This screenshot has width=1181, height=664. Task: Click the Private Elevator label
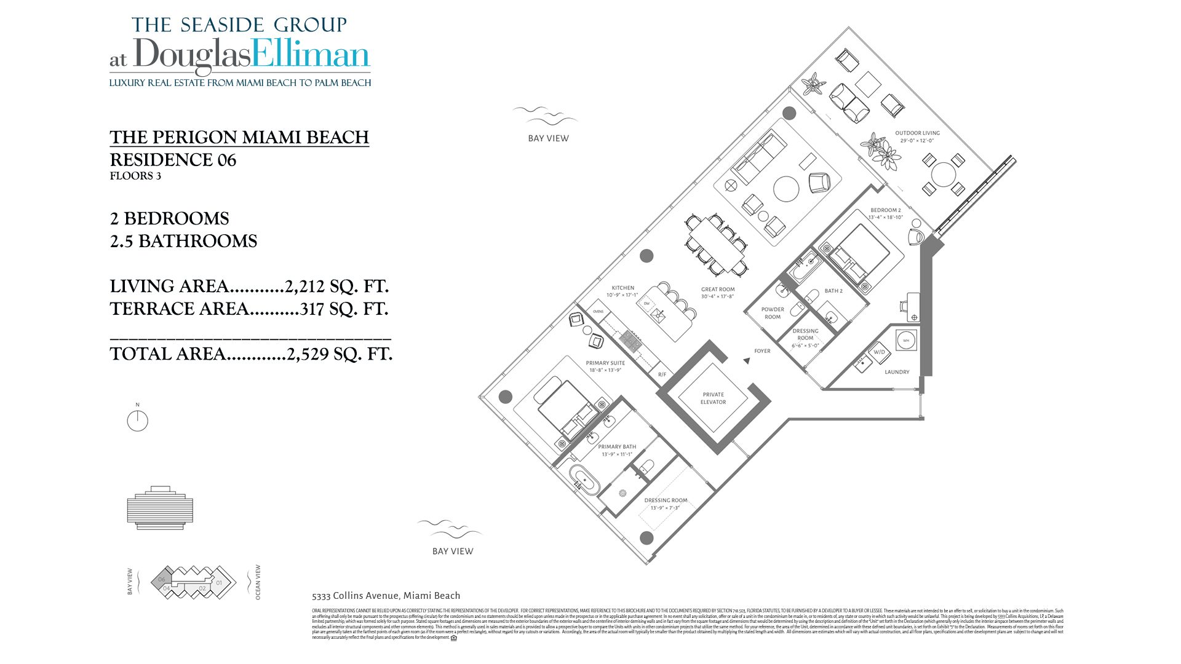(713, 398)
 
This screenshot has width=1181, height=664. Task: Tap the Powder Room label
(773, 313)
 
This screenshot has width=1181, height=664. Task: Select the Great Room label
(718, 293)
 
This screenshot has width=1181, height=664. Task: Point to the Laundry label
(897, 372)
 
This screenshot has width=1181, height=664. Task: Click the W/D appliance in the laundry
(879, 352)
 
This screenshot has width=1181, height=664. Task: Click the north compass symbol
(137, 421)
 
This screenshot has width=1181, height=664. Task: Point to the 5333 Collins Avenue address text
(386, 595)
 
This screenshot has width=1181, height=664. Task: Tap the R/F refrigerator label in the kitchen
(662, 374)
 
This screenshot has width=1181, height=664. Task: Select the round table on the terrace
(943, 174)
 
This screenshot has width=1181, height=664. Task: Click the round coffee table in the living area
(786, 189)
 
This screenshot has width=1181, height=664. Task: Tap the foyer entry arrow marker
(747, 361)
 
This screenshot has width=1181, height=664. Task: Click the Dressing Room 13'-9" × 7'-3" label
(666, 504)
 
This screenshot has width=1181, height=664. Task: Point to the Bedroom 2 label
(886, 213)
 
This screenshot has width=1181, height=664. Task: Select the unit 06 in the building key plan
(162, 579)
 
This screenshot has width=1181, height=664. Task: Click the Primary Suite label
(605, 366)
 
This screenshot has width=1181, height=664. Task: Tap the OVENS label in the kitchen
(598, 312)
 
